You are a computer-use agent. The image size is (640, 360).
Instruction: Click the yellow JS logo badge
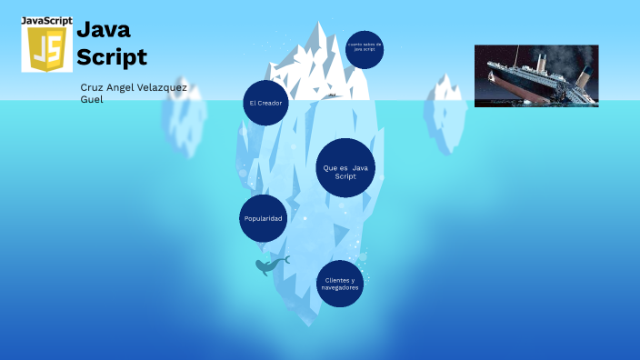(x=46, y=49)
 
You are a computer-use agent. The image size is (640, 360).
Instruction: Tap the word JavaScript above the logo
(x=46, y=20)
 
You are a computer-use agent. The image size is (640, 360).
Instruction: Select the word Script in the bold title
(x=111, y=56)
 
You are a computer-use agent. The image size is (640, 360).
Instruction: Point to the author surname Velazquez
(x=160, y=87)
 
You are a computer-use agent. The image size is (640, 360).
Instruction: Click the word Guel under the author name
(x=92, y=99)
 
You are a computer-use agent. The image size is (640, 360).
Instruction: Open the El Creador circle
(x=265, y=103)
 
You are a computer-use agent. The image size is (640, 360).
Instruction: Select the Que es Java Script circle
(x=346, y=168)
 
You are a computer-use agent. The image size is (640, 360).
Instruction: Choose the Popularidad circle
(x=264, y=219)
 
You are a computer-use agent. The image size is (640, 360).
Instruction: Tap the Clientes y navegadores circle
(x=340, y=284)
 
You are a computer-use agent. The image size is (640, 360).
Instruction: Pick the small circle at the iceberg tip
(x=365, y=49)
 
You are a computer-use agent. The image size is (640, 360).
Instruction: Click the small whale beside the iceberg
(x=270, y=265)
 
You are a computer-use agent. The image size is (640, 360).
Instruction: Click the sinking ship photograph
(x=536, y=76)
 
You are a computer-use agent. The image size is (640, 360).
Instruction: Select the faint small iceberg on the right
(x=446, y=114)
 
